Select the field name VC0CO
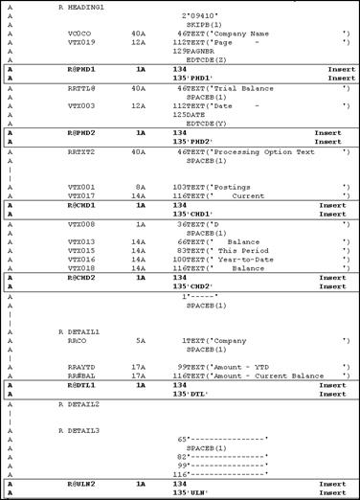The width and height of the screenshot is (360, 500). [x=80, y=33]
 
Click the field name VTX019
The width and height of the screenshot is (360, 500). [x=82, y=42]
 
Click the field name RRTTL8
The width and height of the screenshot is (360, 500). [x=82, y=86]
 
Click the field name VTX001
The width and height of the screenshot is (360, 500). [x=82, y=187]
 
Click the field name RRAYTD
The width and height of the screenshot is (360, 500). [x=82, y=367]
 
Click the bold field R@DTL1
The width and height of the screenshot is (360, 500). [x=82, y=384]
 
